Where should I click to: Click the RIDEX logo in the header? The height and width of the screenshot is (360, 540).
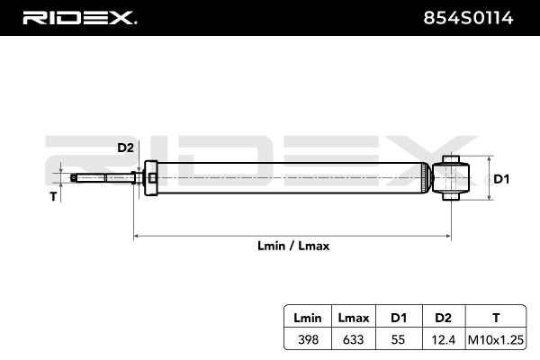tap(79, 17)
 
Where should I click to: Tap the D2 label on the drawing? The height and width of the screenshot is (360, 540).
tap(125, 148)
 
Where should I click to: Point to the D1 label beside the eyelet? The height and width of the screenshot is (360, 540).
tap(501, 179)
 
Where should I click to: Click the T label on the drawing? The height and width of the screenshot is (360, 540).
tap(53, 194)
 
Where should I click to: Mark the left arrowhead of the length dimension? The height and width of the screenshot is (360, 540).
tap(137, 237)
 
